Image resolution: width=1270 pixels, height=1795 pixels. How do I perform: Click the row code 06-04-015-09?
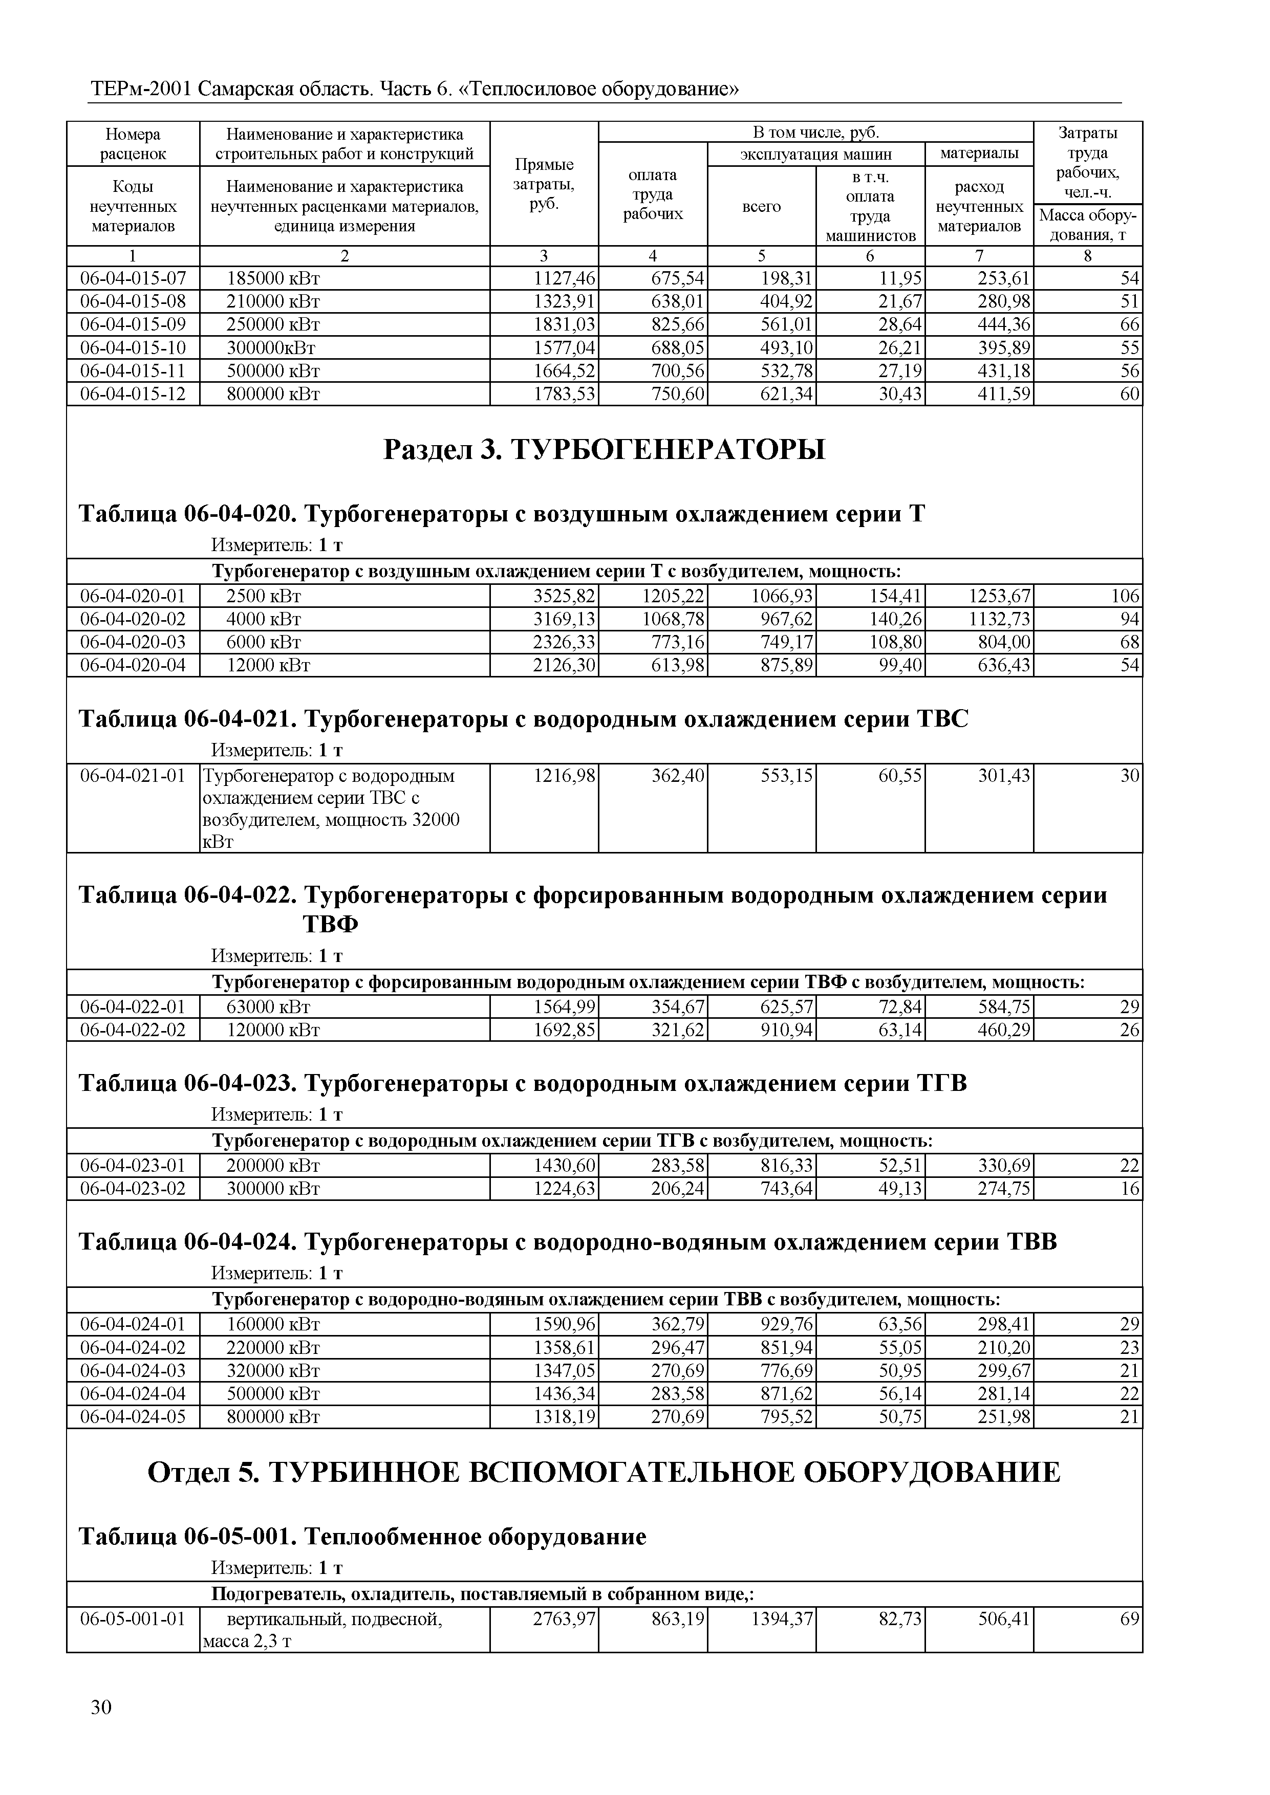click(x=133, y=324)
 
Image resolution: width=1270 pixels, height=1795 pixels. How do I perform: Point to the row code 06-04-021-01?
click(x=133, y=776)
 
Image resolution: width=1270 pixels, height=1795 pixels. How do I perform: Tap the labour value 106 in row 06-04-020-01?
click(x=1125, y=597)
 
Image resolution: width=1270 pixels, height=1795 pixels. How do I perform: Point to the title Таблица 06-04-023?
click(x=188, y=1084)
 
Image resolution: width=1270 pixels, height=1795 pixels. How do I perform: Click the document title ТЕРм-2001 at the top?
click(x=141, y=90)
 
